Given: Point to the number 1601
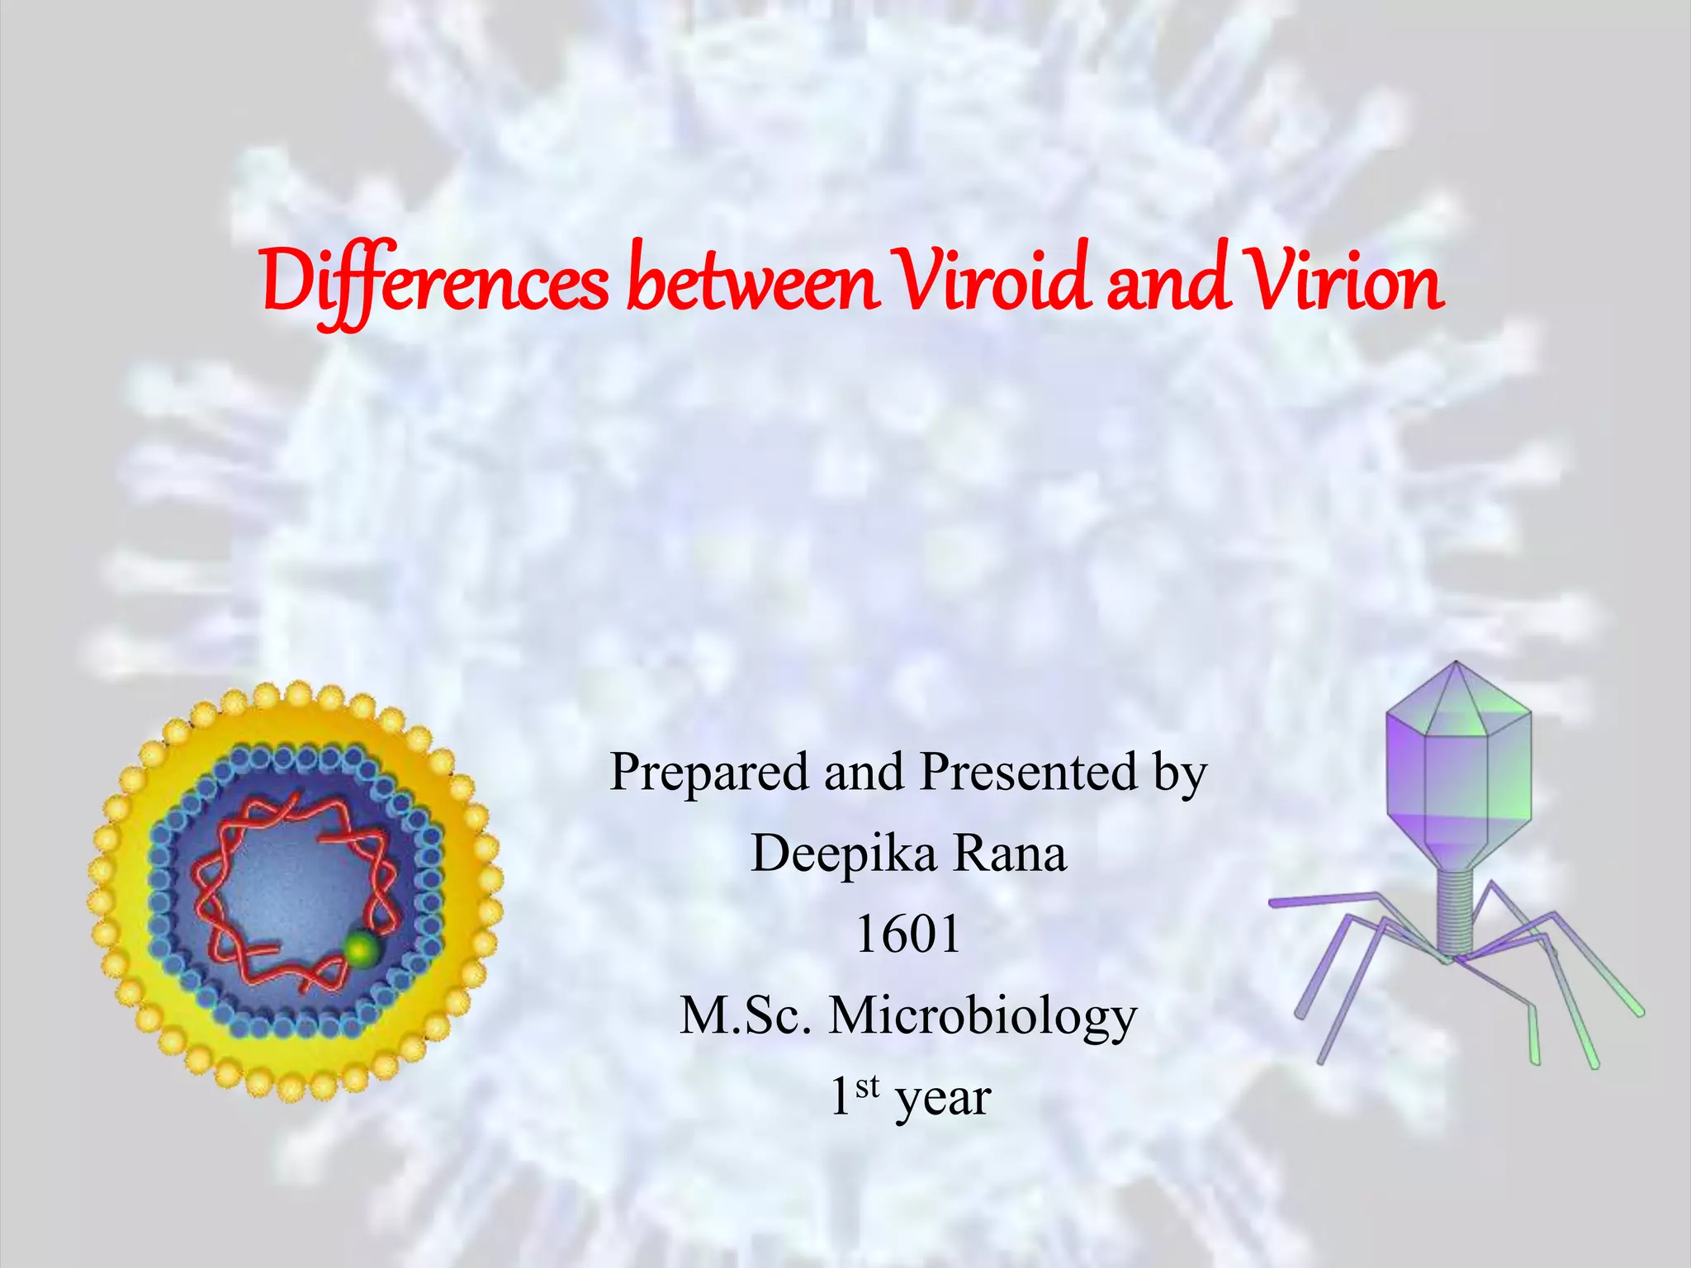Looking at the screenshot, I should (908, 934).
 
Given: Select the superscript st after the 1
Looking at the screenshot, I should (867, 1087).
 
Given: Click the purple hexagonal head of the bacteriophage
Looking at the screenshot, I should (1457, 776).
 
